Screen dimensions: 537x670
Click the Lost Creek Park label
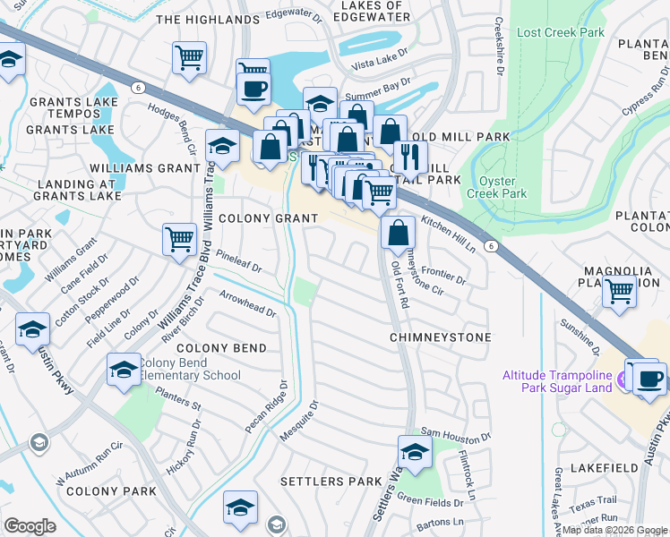561,32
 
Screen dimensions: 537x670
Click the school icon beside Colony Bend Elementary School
123,370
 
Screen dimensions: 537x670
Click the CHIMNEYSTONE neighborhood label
440,337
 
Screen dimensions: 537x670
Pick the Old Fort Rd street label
399,286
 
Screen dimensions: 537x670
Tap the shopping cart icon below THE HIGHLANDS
189,58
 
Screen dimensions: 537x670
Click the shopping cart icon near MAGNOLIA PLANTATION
619,291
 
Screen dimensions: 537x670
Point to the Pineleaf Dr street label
238,267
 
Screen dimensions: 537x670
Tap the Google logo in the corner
30,525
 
